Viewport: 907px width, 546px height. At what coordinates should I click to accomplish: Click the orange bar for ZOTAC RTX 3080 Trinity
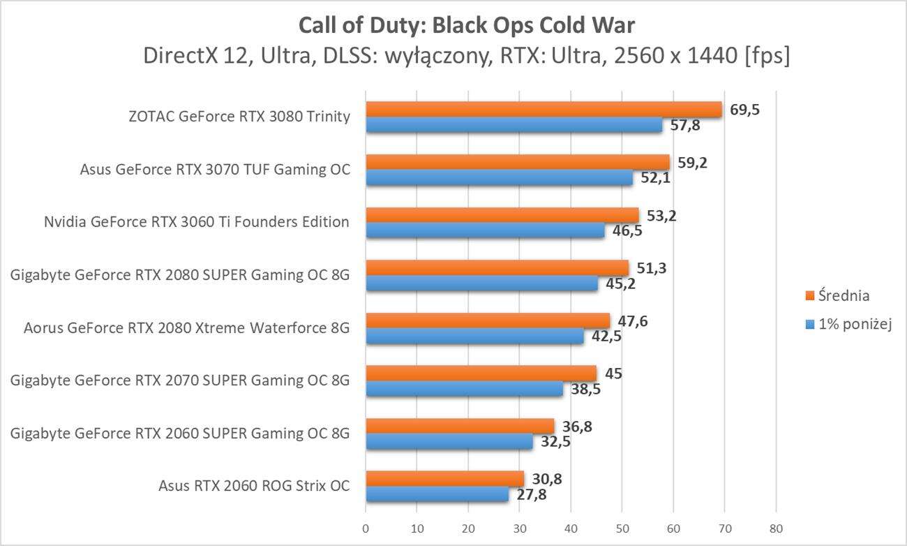coord(544,109)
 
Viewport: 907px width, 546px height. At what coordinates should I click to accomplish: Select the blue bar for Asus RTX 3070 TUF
coord(499,178)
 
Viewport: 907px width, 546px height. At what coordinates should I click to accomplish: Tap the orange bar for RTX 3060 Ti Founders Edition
coord(502,215)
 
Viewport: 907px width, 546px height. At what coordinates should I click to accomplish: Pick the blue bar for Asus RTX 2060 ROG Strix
coord(437,494)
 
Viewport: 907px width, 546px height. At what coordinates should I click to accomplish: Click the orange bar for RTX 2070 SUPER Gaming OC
coord(481,374)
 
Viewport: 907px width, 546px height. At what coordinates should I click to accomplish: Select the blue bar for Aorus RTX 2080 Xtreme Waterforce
coord(474,337)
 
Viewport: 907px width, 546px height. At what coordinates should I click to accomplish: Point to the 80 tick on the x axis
coord(776,528)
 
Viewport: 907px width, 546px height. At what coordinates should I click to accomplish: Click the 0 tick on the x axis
coord(366,528)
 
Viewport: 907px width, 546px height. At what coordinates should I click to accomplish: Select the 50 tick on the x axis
coord(622,528)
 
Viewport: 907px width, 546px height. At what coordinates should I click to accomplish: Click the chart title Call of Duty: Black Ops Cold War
coord(467,25)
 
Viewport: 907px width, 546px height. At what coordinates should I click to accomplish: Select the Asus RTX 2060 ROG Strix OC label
coord(254,487)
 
